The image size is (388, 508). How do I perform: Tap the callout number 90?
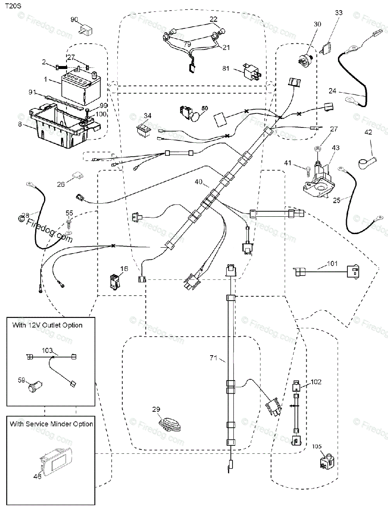click(75, 20)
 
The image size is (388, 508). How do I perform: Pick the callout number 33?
click(338, 13)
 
